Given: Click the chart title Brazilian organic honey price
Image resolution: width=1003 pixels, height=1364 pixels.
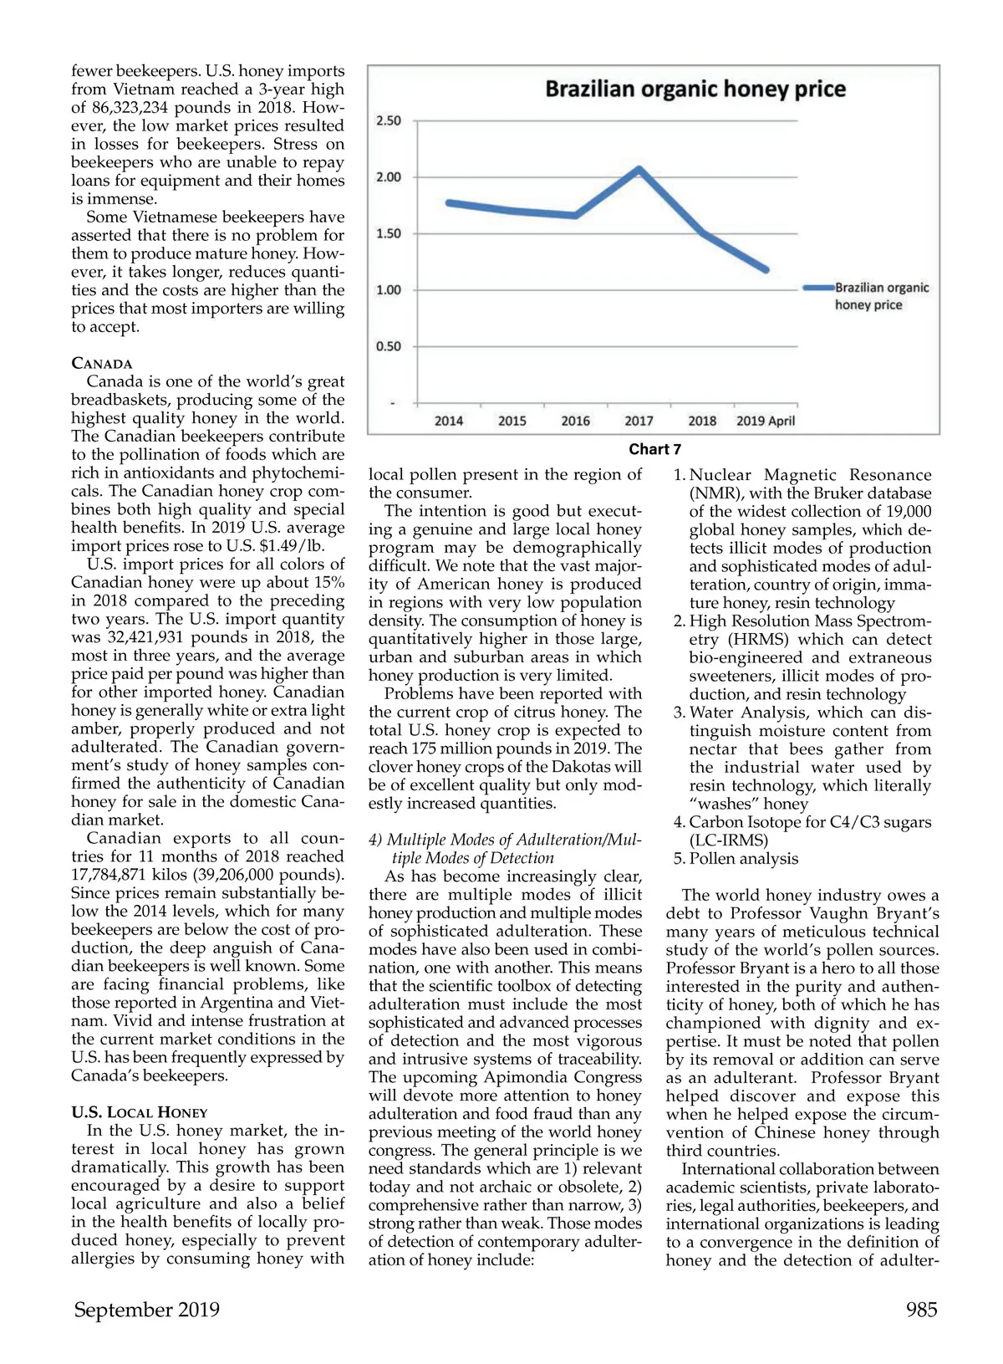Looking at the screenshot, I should (695, 89).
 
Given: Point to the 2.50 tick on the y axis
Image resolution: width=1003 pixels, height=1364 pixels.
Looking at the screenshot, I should (389, 120).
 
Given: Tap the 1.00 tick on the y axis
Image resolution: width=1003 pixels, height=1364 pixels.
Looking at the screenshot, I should (389, 290).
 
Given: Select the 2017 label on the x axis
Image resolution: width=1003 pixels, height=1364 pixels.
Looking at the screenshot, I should (639, 421).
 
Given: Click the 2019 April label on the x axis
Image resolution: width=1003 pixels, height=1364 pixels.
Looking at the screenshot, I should (765, 421).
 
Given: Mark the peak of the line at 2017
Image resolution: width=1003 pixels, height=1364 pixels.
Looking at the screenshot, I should (639, 170).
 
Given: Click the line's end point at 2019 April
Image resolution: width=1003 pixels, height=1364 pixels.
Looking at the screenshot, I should (766, 269).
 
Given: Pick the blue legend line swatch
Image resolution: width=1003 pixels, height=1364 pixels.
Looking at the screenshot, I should (818, 288).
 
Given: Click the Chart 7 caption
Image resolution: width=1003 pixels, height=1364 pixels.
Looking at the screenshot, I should (654, 450).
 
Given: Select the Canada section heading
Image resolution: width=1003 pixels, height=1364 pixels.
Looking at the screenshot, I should (102, 364).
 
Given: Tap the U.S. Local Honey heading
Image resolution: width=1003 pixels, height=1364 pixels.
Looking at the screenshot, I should (139, 1113).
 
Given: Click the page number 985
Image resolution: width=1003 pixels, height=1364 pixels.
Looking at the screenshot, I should (921, 1310).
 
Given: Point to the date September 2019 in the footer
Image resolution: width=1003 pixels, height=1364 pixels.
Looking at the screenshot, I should (147, 1310).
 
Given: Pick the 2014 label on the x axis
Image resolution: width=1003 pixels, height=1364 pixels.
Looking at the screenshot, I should (449, 421).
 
